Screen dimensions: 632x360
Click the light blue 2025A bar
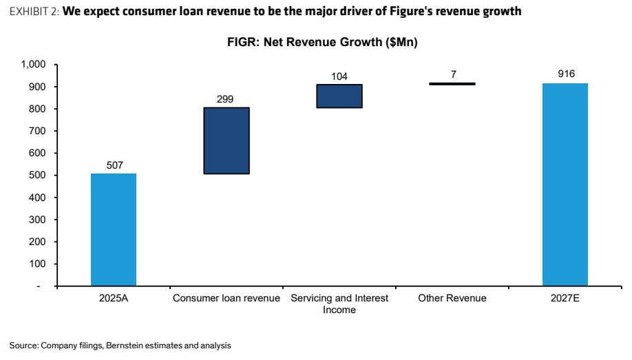[114, 230]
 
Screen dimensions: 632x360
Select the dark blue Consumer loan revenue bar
[227, 140]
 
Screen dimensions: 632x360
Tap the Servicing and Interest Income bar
[339, 96]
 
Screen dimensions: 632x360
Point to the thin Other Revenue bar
[452, 84]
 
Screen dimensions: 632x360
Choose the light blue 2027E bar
[565, 184]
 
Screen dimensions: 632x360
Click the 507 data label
[115, 165]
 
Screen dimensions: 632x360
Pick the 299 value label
[225, 99]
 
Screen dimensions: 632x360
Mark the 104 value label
[339, 76]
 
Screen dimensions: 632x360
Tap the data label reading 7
[454, 74]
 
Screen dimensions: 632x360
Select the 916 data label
[567, 74]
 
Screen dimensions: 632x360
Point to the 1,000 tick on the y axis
[34, 65]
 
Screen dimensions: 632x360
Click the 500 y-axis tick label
[37, 176]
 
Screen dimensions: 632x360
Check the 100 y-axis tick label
[37, 264]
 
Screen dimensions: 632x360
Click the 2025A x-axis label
[114, 298]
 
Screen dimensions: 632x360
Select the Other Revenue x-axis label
[452, 298]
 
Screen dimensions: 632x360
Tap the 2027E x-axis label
[565, 298]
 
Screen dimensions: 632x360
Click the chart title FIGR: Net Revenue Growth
[322, 42]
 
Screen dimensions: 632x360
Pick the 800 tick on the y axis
[37, 109]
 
